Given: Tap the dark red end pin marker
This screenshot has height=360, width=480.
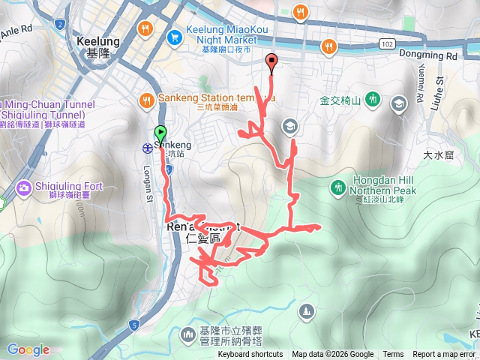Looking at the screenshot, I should [271, 63].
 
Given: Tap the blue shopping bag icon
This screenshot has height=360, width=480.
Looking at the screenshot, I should [174, 34].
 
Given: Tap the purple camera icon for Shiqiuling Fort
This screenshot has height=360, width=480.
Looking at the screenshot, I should [23, 187].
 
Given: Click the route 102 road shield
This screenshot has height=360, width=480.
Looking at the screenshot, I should [386, 44].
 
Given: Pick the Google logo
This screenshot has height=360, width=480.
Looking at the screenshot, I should [28, 349].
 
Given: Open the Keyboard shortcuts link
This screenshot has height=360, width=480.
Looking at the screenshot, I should [250, 355].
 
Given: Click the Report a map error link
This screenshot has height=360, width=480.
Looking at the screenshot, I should [444, 355].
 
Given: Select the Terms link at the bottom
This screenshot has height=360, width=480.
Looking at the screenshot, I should [393, 355].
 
